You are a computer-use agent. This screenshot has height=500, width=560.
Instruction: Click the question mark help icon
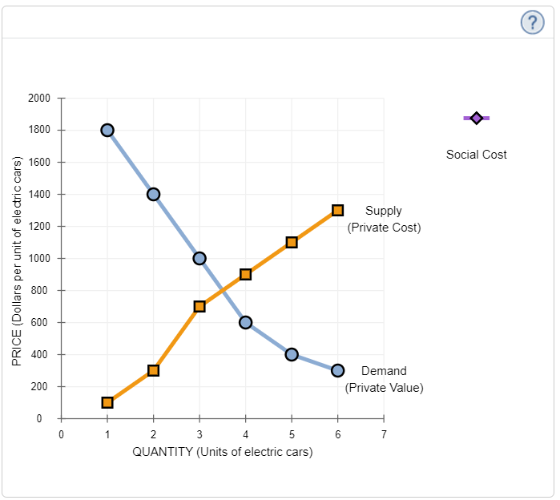click(532, 22)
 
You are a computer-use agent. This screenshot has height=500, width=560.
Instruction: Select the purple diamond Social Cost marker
click(476, 118)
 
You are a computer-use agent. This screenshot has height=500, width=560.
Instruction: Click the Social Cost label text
click(476, 155)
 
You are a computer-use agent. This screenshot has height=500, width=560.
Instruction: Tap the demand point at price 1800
click(107, 130)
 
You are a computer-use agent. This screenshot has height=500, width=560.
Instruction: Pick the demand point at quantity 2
click(153, 194)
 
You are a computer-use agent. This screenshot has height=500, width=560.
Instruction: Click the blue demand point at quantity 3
click(199, 258)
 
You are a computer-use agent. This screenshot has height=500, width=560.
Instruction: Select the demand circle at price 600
click(245, 322)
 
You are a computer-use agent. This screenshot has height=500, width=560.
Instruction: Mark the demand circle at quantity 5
click(292, 354)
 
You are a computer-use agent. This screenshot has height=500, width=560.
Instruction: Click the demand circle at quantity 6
click(337, 370)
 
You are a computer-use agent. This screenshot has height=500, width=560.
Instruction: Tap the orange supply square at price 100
click(107, 402)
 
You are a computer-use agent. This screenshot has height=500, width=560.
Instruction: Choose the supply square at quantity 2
click(153, 370)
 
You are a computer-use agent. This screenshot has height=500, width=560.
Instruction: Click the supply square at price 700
click(199, 306)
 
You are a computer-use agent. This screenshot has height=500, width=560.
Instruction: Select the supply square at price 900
click(245, 274)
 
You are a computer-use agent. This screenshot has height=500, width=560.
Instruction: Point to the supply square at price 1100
click(292, 242)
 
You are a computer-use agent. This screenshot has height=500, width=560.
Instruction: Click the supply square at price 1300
click(337, 210)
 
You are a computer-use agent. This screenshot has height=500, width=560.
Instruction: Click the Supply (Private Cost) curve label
click(384, 219)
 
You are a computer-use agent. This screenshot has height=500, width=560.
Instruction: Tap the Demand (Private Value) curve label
click(384, 379)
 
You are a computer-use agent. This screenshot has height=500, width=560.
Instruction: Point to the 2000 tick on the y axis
click(39, 98)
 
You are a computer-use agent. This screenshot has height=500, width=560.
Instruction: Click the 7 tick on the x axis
click(384, 433)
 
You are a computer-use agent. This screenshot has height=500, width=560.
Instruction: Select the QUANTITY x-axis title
click(223, 452)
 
